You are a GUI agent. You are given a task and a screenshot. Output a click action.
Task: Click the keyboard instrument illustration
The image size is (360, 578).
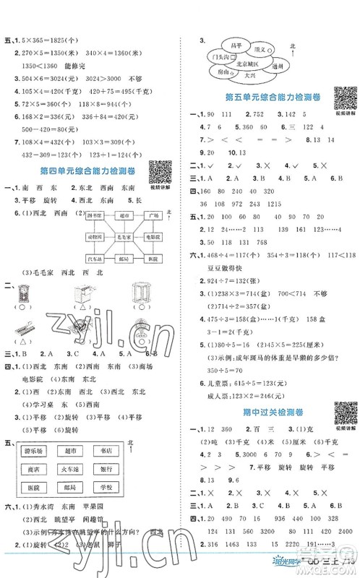click(26, 329)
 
